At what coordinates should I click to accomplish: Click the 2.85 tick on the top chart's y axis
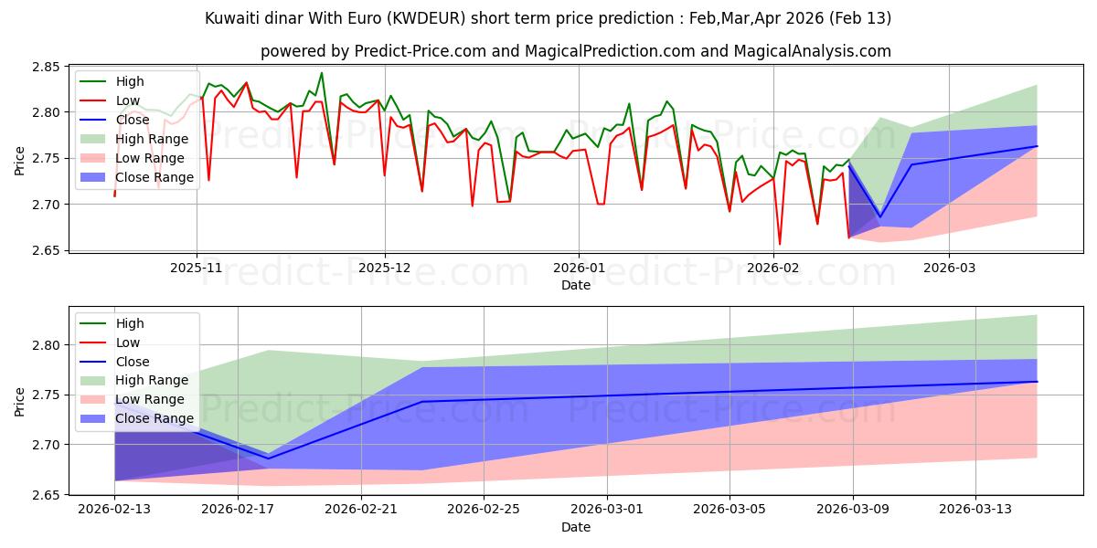47,67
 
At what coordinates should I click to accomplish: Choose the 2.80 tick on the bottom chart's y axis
47,345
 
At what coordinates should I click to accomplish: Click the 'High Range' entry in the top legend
152,139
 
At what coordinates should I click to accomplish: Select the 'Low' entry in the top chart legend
128,100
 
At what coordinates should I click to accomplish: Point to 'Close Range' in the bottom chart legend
154,418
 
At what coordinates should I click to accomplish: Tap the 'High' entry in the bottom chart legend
130,323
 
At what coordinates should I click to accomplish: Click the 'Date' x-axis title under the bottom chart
576,527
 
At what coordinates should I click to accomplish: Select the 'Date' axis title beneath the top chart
576,284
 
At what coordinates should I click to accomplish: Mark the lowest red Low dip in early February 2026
779,244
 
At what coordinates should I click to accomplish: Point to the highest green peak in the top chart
322,73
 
